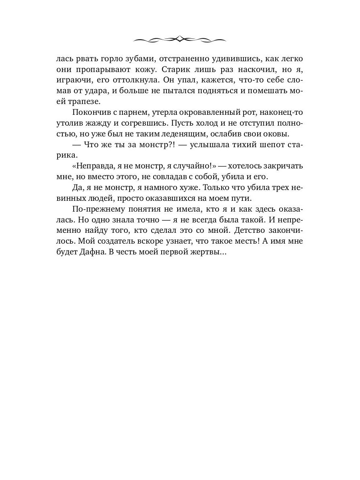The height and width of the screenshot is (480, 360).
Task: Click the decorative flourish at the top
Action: [x=180, y=39]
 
